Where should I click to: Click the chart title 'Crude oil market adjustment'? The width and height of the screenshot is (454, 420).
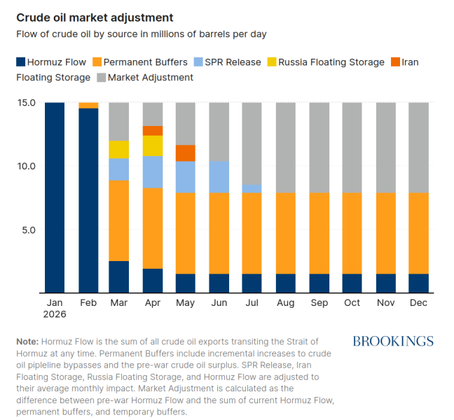point(95,17)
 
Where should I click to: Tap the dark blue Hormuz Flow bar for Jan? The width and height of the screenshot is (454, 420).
point(55,197)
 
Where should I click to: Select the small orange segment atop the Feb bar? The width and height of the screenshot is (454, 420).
point(88,105)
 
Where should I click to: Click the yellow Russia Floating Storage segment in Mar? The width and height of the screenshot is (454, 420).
point(118,150)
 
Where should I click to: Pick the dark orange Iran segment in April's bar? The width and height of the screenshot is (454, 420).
point(153,131)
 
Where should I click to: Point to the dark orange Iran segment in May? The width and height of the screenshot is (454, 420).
point(185,153)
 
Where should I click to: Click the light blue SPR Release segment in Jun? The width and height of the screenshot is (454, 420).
point(219,177)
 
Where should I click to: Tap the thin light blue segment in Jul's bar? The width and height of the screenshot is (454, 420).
point(252,189)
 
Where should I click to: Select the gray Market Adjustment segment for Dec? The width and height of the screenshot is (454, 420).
point(419,148)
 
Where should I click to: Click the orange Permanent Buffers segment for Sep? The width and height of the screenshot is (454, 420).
point(319,233)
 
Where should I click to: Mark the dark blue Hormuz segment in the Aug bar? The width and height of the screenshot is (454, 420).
point(285,283)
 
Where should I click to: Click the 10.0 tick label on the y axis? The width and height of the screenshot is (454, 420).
point(27,166)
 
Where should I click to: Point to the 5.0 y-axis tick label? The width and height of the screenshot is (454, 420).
point(29,230)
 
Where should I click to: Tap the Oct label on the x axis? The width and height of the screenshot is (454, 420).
point(352,302)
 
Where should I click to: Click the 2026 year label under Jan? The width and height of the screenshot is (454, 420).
point(55,314)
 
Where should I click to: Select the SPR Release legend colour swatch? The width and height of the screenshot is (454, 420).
point(198,62)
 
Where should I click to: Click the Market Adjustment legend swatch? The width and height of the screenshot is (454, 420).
point(102,77)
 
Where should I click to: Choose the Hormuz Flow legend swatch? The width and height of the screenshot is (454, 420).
point(21,62)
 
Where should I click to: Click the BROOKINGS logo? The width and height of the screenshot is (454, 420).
point(393,342)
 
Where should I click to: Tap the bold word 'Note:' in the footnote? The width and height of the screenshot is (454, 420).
point(27,342)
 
